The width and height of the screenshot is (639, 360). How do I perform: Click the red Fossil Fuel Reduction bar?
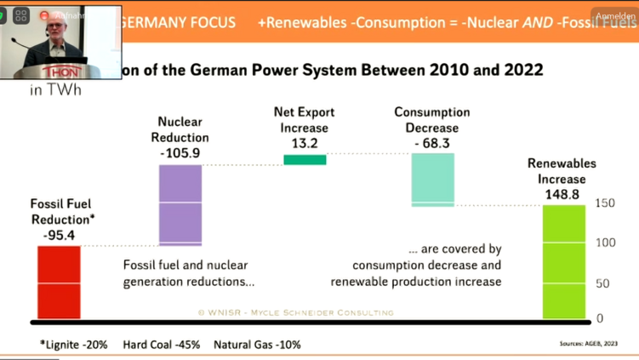click(x=59, y=283)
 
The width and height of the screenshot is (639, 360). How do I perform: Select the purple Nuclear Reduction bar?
click(x=180, y=205)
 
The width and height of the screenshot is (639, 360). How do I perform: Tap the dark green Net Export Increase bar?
click(x=305, y=159)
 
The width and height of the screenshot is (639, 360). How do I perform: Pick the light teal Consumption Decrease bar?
click(x=433, y=180)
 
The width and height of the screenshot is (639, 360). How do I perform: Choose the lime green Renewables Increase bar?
click(x=564, y=261)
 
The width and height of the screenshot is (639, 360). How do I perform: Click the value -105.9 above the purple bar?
click(x=180, y=153)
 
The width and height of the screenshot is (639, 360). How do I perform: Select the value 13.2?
click(x=304, y=143)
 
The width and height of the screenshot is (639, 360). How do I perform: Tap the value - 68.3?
click(x=432, y=143)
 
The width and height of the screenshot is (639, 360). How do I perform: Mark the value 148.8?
click(x=562, y=195)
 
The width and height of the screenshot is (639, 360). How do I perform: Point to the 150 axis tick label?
click(x=605, y=203)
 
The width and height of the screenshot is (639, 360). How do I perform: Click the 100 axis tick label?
click(x=605, y=243)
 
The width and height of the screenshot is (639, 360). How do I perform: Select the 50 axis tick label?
click(x=602, y=283)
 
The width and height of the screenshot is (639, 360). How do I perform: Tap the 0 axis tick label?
click(x=600, y=318)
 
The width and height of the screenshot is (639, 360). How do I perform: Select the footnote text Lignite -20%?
click(x=75, y=345)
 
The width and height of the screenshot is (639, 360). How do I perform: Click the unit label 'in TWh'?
click(x=56, y=89)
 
